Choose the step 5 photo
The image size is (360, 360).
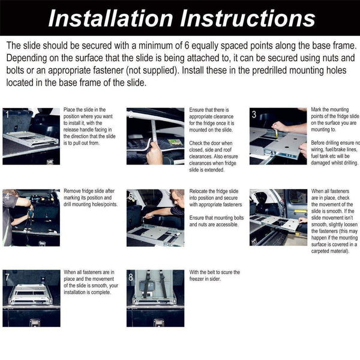point(155,217)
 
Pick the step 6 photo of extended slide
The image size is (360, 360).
point(278,217)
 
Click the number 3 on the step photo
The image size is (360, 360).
point(254,115)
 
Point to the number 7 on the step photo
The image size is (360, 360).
point(7,278)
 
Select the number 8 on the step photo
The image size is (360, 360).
point(131,278)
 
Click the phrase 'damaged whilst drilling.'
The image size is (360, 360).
point(335,163)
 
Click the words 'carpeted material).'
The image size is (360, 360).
point(332,251)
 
